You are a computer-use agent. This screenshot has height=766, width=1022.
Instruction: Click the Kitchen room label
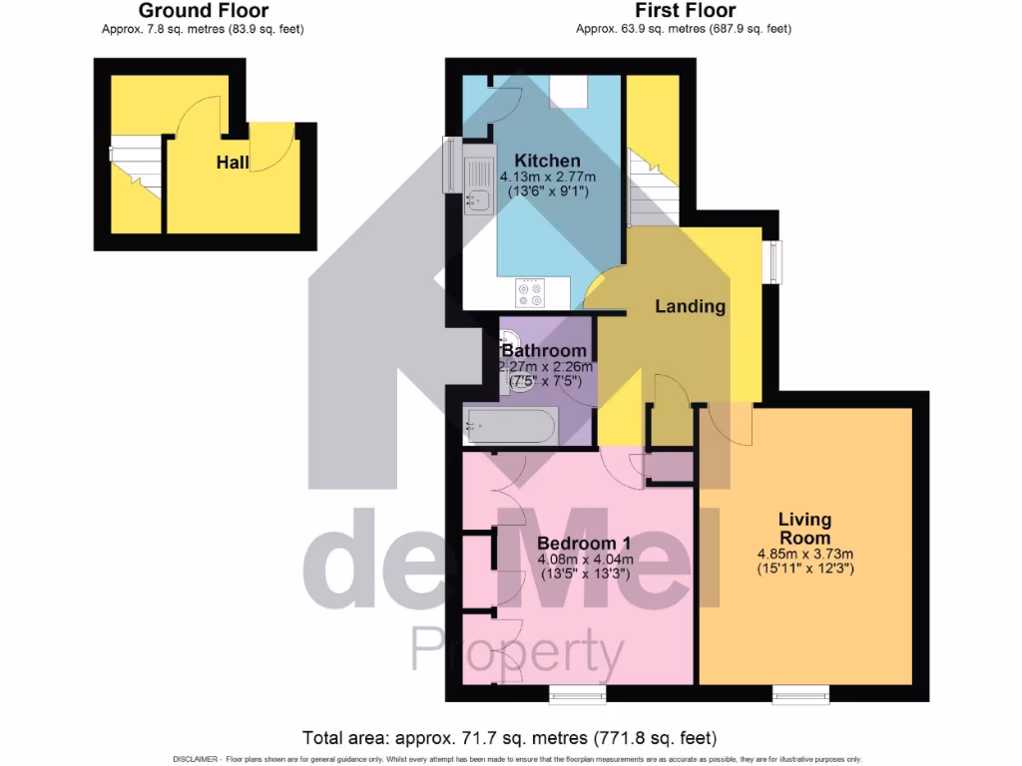point(546,161)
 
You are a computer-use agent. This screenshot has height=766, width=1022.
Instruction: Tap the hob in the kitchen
point(529,293)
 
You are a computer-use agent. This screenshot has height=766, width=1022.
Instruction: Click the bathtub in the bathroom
point(510,428)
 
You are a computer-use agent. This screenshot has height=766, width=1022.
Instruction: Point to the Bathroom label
point(544,351)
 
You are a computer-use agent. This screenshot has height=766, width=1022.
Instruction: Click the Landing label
point(690,306)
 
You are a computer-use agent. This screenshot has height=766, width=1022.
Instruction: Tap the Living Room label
point(804,529)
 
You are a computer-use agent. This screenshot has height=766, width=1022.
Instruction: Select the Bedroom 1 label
point(584,543)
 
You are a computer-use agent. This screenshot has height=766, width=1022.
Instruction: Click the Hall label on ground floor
point(233,162)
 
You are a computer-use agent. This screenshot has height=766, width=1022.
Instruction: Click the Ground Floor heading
point(203,11)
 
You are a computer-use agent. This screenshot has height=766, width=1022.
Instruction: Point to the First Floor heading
point(684,11)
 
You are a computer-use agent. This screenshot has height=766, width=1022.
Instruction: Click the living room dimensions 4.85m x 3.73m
point(804,555)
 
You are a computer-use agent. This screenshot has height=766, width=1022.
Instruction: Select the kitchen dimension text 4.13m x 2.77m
point(547,178)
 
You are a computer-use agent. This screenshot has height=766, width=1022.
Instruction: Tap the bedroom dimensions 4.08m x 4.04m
point(584,559)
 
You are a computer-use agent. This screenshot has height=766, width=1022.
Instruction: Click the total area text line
point(510,739)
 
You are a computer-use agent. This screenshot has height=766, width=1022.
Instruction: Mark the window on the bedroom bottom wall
point(578,691)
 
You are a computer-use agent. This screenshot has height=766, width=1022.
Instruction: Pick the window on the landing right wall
point(773,261)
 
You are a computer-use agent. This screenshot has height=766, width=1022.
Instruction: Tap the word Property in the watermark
point(517,651)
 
